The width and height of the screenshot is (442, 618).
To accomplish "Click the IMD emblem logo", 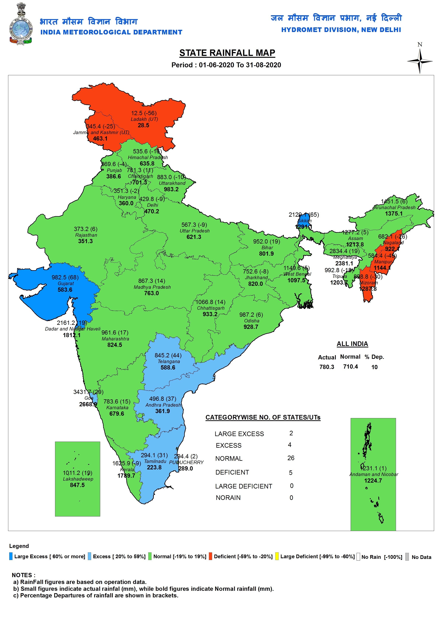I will [x=21, y=24].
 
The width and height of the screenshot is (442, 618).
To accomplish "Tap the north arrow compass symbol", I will [x=420, y=61].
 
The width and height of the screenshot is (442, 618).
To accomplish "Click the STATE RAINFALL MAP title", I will [x=227, y=53].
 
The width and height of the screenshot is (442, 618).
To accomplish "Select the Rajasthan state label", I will [x=86, y=235].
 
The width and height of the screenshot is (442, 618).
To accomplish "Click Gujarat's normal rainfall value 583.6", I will [x=65, y=290].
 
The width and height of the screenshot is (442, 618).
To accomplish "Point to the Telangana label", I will [x=169, y=361].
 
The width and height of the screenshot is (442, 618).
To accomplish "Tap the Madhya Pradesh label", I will [x=152, y=287].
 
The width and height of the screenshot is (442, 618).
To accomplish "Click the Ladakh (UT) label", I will [x=144, y=119].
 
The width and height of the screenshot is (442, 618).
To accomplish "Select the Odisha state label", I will [x=252, y=321].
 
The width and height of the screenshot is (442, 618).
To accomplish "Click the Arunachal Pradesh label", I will [x=394, y=207].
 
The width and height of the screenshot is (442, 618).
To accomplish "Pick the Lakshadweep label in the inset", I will [x=78, y=479].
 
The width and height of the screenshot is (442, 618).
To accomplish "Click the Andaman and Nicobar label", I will [x=373, y=474].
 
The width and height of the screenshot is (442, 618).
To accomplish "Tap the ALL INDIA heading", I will [x=352, y=344].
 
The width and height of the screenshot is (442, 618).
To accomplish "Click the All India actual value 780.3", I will [x=327, y=367].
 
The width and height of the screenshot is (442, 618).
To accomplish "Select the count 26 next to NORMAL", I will [x=291, y=458].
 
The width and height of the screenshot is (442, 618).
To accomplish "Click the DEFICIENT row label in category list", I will [x=232, y=472].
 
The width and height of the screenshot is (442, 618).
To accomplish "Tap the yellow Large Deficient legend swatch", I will [x=277, y=556].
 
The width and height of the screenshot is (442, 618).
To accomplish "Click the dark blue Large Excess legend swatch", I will [x=11, y=556].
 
